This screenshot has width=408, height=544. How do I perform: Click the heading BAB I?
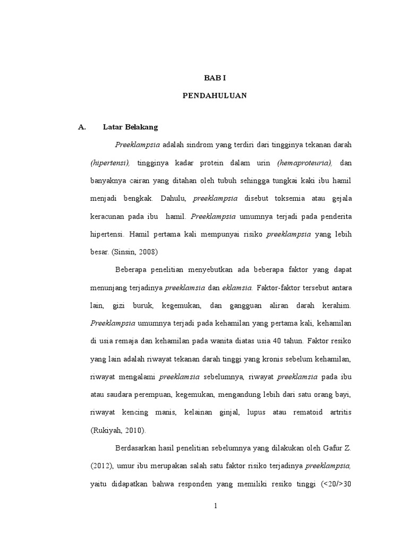click(x=215, y=78)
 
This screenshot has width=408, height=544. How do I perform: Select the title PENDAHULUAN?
click(x=215, y=96)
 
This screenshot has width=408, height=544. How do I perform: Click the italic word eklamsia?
click(x=237, y=288)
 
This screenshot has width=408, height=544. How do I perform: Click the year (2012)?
click(x=100, y=467)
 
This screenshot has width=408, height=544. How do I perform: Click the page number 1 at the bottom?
click(x=215, y=506)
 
